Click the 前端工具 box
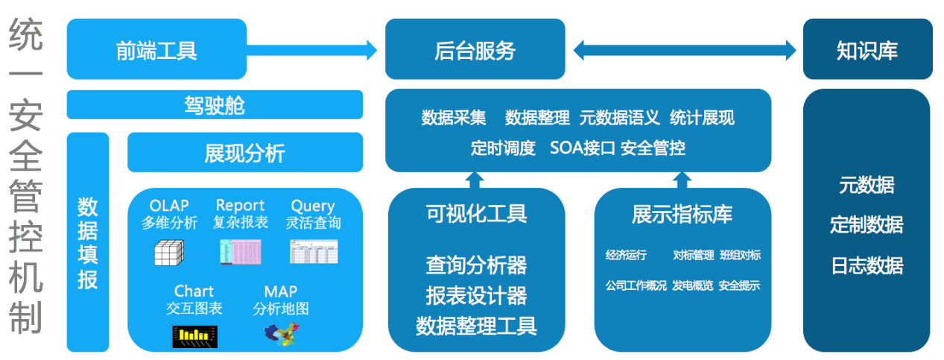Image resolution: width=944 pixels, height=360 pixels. (x=156, y=49)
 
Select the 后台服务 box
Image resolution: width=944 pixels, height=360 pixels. (x=475, y=49)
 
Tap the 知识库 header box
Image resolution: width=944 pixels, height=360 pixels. (x=867, y=49)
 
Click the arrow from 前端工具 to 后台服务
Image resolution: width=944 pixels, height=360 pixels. (x=313, y=50)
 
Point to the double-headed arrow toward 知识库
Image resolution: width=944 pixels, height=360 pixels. (x=684, y=50)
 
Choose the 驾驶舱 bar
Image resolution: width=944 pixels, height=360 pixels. (x=215, y=105)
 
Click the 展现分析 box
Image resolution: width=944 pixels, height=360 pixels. (x=244, y=153)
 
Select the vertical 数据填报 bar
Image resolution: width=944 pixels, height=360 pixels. (x=88, y=241)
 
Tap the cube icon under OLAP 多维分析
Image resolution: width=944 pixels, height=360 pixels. (x=168, y=253)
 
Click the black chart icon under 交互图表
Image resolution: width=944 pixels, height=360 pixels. (x=195, y=336)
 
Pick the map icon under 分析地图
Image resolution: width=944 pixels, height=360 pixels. (x=281, y=334)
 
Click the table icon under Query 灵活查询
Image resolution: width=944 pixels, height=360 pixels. (x=314, y=251)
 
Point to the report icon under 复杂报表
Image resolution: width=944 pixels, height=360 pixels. (x=240, y=252)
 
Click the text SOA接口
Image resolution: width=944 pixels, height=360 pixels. (x=582, y=148)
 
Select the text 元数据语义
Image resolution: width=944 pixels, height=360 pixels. (x=619, y=118)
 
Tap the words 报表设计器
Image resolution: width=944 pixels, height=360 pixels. (x=476, y=295)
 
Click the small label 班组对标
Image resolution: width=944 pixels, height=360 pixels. (x=740, y=255)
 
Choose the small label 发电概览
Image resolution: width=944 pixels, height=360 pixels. (x=692, y=285)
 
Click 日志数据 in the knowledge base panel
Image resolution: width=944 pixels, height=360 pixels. (x=867, y=265)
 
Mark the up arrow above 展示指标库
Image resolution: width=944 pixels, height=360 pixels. (x=682, y=180)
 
